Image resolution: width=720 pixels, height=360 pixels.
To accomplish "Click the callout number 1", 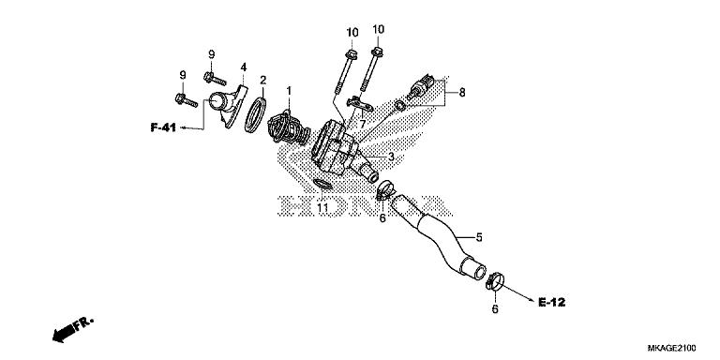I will pos(290,90).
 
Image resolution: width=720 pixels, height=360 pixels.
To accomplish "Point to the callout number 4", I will pos(243,67).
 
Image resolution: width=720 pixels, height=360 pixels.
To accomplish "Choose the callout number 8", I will pos(460,92).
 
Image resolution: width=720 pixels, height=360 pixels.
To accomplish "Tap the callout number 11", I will pos(322,206).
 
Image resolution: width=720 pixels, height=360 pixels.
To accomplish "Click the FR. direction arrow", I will pos(71,330).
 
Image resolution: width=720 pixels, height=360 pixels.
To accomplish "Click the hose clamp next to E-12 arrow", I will pos(494,277).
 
